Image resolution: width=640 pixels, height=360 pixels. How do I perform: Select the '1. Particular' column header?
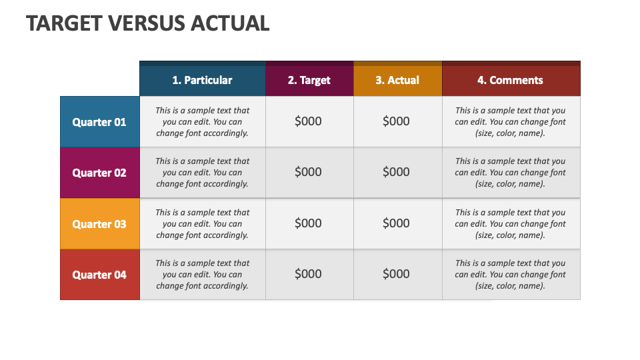point(202,80)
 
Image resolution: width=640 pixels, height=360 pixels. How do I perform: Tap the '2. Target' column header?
point(309,80)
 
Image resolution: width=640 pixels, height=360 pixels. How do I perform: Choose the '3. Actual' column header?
point(397,80)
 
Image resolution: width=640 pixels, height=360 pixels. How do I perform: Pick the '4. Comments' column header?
point(510,80)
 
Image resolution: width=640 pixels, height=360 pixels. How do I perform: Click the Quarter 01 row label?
point(99,122)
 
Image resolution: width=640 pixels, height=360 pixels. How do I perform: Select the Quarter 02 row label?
point(99,173)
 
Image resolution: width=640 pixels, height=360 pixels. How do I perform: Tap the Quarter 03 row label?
point(99,224)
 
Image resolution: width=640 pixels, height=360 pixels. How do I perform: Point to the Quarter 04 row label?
point(99,275)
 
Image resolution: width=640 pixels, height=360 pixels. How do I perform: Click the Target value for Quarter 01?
point(308,121)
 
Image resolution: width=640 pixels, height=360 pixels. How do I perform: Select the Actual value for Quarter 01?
point(396,121)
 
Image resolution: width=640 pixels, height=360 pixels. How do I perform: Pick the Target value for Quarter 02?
point(308,172)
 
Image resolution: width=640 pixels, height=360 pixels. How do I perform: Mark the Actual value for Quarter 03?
point(396,223)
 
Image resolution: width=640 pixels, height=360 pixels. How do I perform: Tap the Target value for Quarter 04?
point(308,274)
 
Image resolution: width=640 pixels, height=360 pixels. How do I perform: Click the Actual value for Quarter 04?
point(396,274)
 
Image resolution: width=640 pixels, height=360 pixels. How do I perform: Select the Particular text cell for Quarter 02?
point(202,172)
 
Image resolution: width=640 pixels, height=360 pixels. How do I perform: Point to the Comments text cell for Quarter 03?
point(510,223)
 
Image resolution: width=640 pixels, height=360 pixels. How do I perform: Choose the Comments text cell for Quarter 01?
point(510,121)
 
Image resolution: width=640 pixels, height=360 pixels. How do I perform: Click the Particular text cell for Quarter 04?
point(202,274)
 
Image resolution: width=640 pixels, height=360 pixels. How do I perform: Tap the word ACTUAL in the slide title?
point(230,23)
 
